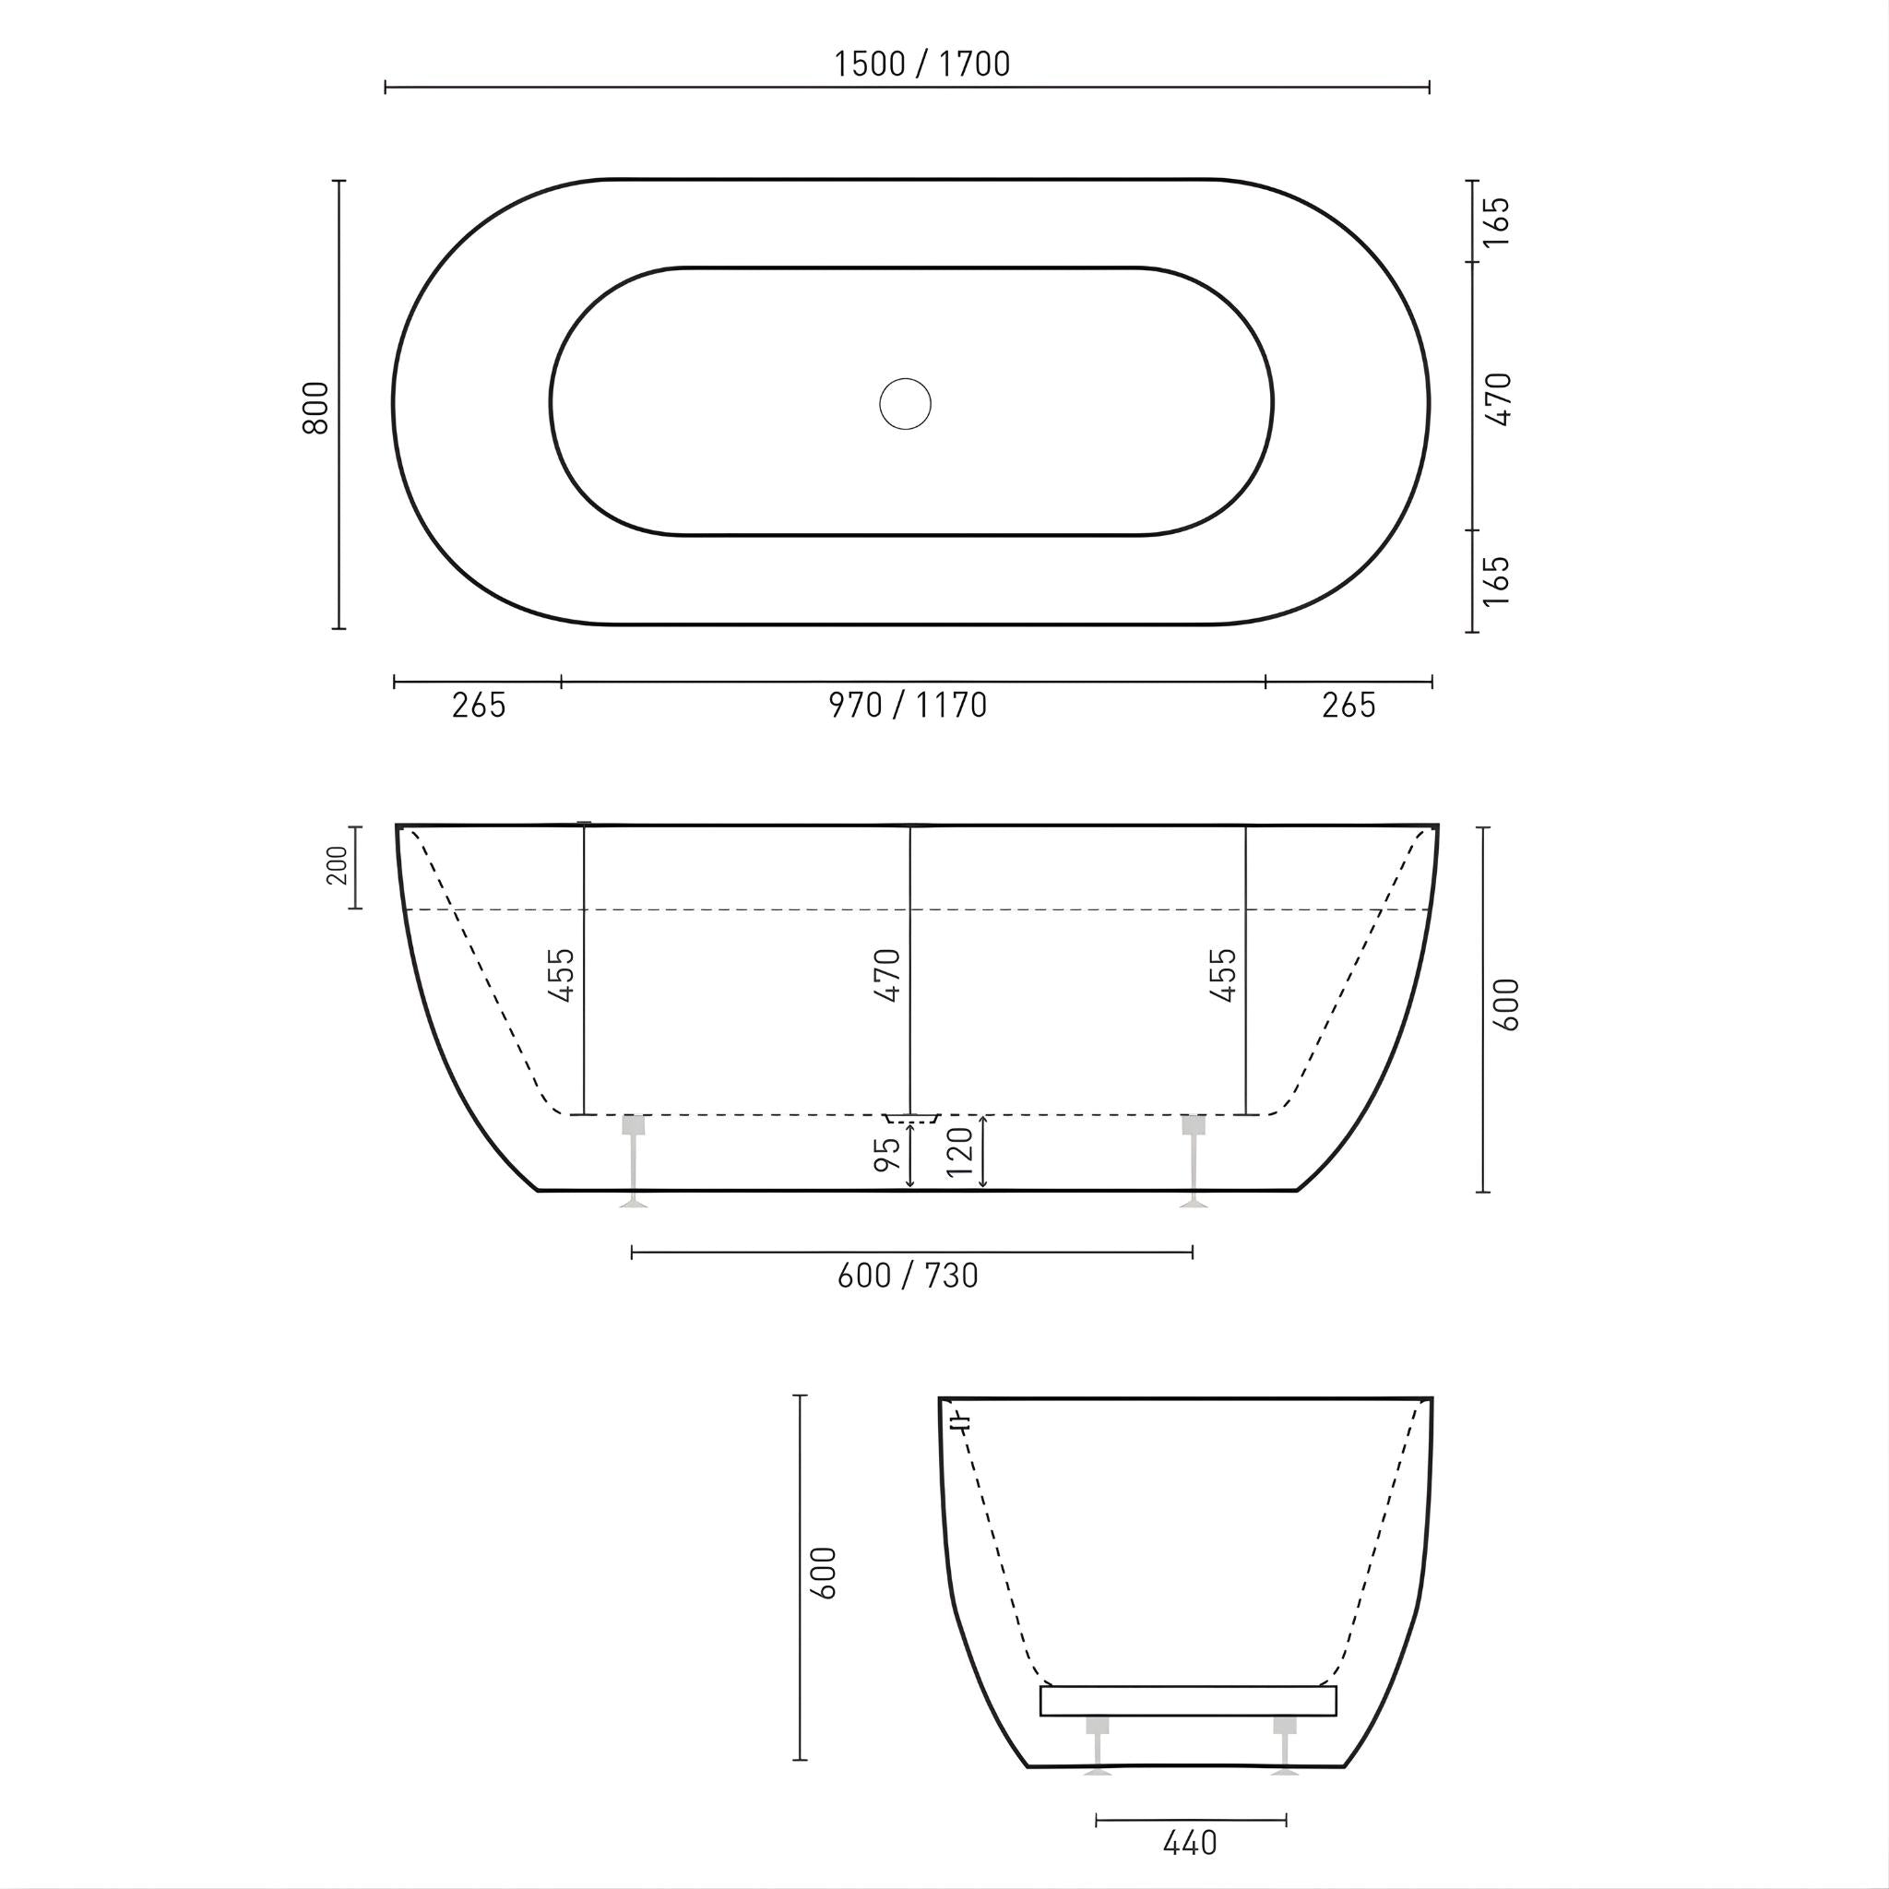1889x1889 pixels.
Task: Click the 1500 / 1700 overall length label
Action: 921,64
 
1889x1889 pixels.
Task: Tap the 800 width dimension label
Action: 315,407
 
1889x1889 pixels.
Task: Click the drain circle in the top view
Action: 905,404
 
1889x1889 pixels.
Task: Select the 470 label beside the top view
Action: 1498,398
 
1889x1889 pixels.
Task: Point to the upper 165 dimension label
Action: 1497,222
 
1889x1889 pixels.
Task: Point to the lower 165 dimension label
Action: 1497,581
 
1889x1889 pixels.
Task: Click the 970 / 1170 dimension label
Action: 908,705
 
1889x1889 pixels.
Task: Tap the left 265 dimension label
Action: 479,705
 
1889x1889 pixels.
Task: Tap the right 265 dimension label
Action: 1348,705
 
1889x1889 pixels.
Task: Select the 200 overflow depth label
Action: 337,865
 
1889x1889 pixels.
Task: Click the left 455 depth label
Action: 561,975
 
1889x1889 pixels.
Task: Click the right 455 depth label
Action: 1223,975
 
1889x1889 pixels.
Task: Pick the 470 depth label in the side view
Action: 886,975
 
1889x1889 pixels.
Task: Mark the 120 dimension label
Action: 960,1152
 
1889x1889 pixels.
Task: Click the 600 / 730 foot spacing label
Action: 908,1275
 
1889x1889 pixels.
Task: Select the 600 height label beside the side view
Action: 1507,1004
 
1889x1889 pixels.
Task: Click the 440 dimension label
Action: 1190,1843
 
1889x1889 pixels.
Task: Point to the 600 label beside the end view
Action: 825,1574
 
